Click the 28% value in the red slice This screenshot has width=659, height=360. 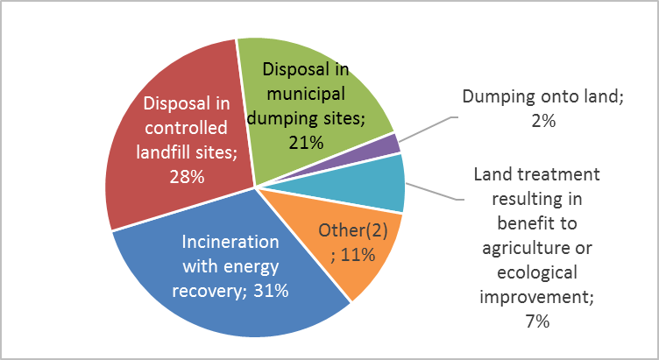coord(187,177)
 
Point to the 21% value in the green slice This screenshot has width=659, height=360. coord(306,143)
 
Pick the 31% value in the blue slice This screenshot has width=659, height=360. coord(271,291)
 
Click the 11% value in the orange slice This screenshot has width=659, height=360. coord(358,255)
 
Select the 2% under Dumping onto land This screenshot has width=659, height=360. coord(543,121)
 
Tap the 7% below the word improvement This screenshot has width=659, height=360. coord(537,321)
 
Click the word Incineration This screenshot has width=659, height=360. coord(230,242)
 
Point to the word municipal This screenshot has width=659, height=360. coord(306,94)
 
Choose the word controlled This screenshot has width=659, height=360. coord(186,128)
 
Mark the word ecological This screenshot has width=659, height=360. coord(537,272)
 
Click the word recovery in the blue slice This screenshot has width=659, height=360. coord(207,292)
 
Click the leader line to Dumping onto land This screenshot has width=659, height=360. coord(429,130)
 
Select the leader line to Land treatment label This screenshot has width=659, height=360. coord(434,191)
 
